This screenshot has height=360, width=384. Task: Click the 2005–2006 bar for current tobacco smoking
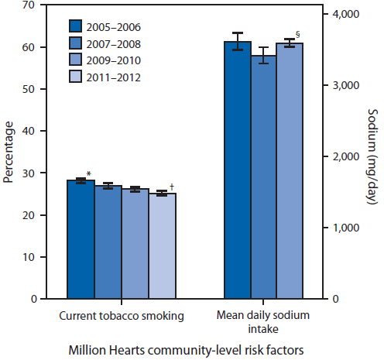coord(81,239)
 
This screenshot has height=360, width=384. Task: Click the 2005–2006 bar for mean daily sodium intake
coord(238,170)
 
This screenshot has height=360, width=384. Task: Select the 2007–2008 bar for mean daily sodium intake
coord(264,177)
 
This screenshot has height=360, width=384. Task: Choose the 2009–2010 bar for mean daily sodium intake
coord(290,171)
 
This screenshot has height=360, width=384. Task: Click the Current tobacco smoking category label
coord(121,316)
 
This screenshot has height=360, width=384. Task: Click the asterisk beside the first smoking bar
coord(89,174)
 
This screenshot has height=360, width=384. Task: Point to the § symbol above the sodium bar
coord(297,33)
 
